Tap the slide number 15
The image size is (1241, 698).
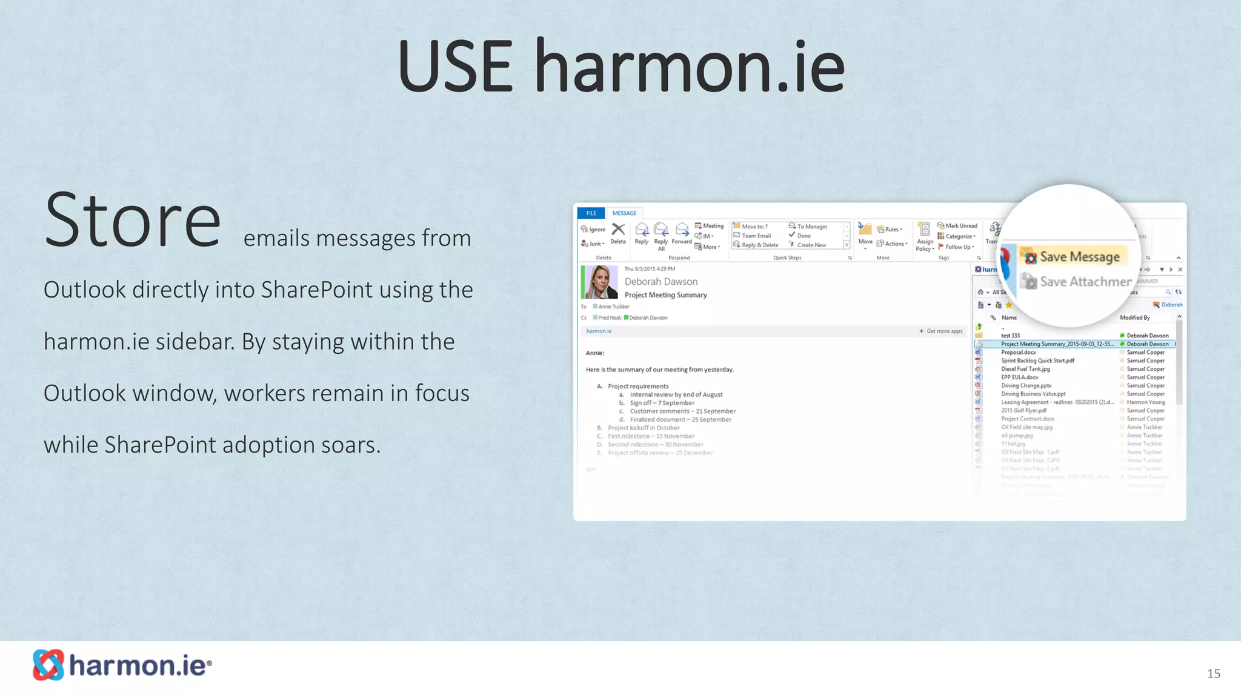1213,673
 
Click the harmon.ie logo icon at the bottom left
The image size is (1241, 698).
48,665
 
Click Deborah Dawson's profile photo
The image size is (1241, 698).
601,282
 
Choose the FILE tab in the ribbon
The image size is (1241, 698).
591,213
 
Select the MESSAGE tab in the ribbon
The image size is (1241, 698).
624,213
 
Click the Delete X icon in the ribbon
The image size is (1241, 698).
618,230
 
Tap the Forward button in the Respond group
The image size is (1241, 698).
682,233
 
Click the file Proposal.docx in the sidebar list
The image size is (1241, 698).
1018,352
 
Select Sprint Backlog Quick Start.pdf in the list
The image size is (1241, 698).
1037,361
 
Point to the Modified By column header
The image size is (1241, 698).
1134,317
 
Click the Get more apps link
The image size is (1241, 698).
943,331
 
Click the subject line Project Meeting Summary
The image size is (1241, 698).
665,295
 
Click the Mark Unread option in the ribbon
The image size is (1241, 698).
960,225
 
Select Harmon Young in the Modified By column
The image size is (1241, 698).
1145,402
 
